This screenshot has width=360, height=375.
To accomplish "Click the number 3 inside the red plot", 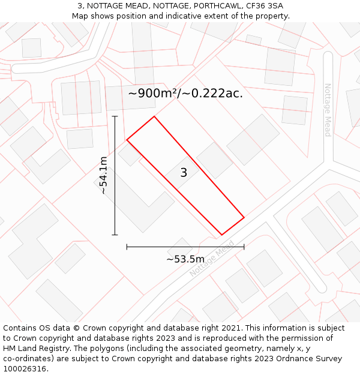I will point(184,173).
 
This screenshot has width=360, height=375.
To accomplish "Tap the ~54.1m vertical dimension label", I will point(103,175).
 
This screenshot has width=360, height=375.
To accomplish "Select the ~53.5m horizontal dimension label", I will point(185,259).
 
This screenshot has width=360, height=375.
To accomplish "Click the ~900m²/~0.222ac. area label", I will point(185,93).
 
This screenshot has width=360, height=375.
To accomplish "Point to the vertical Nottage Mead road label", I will point(328,110).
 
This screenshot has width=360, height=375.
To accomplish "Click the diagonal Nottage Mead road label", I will point(212,259).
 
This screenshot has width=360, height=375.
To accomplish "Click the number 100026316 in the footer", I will point(24,369).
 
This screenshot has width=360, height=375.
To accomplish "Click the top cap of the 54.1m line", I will point(115,116).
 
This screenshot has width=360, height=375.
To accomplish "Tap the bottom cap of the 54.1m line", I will point(115,235).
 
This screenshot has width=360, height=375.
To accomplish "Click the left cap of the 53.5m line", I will point(127,247).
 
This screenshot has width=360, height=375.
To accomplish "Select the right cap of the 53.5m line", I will point(244,247).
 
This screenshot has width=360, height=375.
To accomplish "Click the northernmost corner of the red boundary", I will point(154,116).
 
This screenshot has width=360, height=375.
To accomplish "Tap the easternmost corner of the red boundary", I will point(244,217).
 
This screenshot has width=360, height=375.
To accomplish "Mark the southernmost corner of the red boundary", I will point(221,235).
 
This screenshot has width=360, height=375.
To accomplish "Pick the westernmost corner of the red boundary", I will point(127,140).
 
